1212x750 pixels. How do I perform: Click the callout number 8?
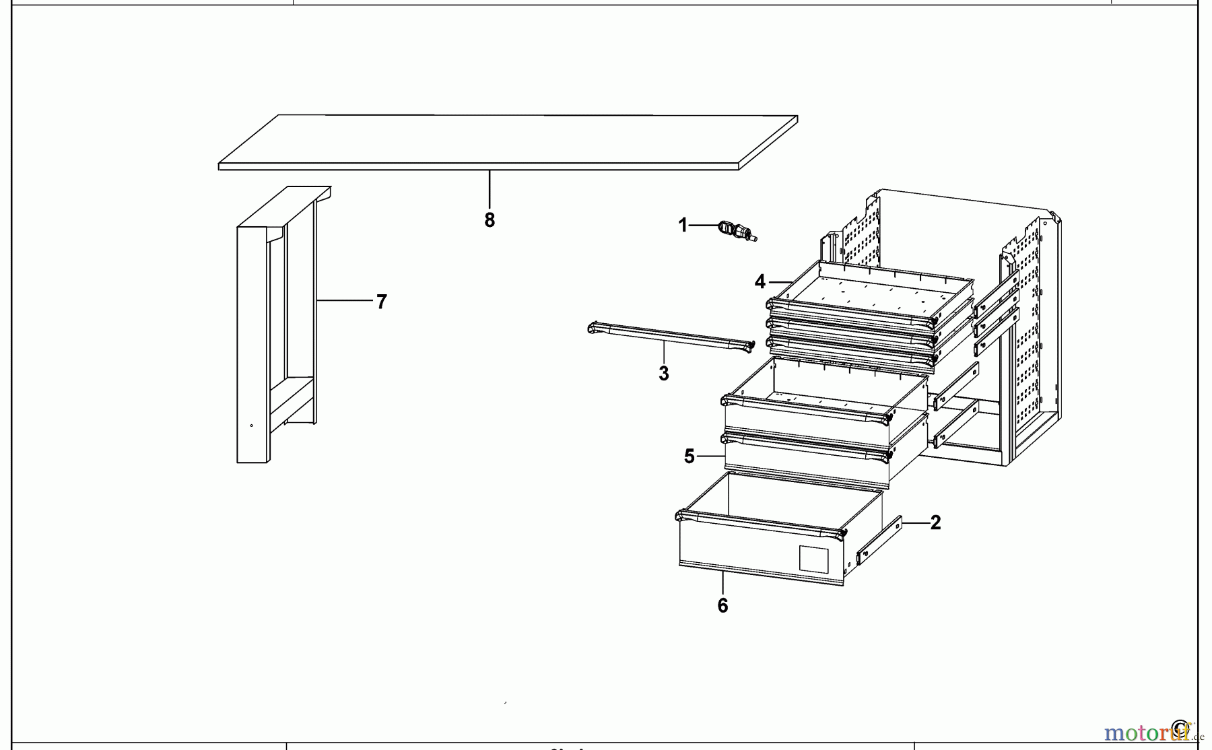pyautogui.click(x=490, y=220)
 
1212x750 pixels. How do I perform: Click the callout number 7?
pyautogui.click(x=382, y=302)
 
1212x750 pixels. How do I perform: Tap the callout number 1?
pyautogui.click(x=683, y=225)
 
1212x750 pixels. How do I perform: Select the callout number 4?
pyautogui.click(x=760, y=281)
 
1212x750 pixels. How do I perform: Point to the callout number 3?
pyautogui.click(x=664, y=374)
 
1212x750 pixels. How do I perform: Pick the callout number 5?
pyautogui.click(x=689, y=456)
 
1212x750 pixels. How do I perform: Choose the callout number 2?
pyautogui.click(x=935, y=522)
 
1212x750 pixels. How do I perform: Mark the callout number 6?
pyautogui.click(x=722, y=606)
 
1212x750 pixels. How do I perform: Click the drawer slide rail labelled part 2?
pyautogui.click(x=879, y=541)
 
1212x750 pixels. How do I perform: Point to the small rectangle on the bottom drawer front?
pyautogui.click(x=813, y=559)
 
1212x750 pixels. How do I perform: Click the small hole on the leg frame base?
pyautogui.click(x=252, y=425)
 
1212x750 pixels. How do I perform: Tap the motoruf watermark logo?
pyautogui.click(x=1145, y=732)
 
